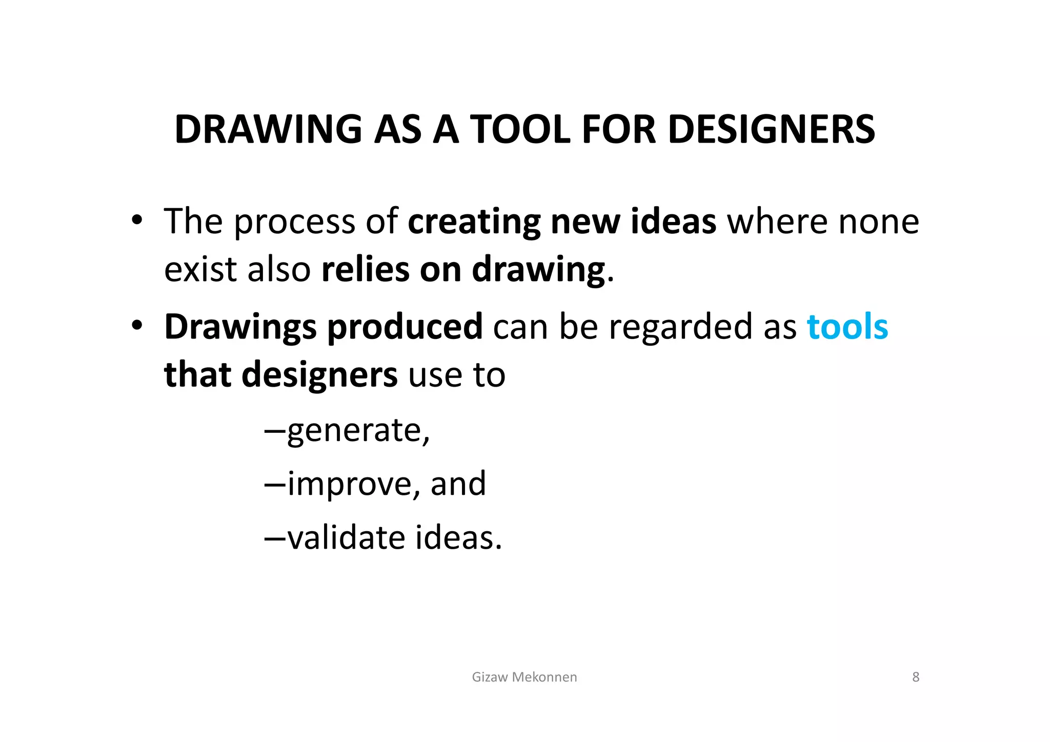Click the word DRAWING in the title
(x=268, y=129)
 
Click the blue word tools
(x=847, y=327)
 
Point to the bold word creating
(x=474, y=223)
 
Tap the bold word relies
(x=365, y=270)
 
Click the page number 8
(x=916, y=677)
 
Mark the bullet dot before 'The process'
(x=136, y=220)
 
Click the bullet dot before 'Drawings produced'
(x=136, y=326)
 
